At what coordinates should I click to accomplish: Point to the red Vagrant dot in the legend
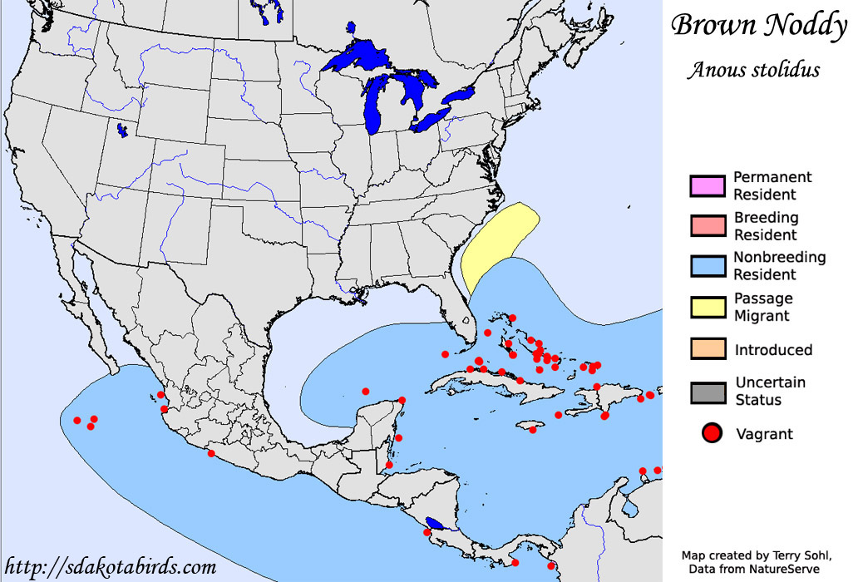(x=710, y=433)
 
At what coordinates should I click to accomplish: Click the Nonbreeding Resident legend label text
(x=779, y=266)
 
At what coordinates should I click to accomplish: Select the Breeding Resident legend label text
(x=766, y=225)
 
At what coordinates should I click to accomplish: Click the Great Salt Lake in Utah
(x=122, y=131)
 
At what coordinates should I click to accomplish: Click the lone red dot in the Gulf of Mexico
(x=365, y=391)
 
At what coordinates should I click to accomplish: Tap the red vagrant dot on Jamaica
(x=533, y=428)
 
